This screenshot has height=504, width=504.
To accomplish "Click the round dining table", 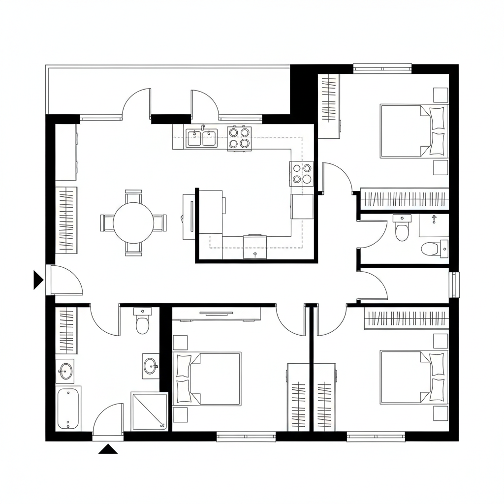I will point(133,223).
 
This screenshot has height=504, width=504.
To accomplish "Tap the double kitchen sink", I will point(201,138).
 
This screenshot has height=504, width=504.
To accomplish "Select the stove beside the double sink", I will point(239,138).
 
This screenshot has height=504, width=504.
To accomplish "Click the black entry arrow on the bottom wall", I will point(108,449).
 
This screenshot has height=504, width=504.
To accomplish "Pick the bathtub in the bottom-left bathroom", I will point(68,409).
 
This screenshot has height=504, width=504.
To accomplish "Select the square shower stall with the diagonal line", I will point(149,411).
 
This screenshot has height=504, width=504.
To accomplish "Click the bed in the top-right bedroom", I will point(413,130).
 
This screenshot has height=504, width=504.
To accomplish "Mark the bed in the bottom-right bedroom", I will point(413,377).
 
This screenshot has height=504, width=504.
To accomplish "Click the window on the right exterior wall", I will point(454,284).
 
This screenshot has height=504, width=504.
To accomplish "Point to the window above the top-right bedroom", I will point(382,67).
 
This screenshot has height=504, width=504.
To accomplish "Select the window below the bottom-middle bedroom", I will point(246,436).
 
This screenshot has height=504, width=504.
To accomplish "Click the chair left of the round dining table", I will point(107,222).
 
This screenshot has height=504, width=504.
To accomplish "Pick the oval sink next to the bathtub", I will point(65,370).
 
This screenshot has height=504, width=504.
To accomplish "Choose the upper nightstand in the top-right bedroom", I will point(441,94).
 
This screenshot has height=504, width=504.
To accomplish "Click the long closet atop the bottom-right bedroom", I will point(406,319).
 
